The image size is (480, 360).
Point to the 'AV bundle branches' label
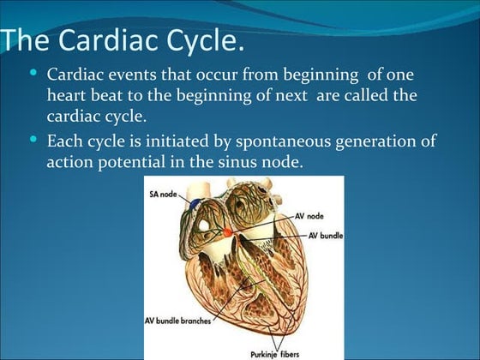point(177,321)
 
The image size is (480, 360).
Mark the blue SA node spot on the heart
point(198,205)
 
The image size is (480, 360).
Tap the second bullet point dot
point(33,138)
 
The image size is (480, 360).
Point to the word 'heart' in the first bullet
point(69,95)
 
